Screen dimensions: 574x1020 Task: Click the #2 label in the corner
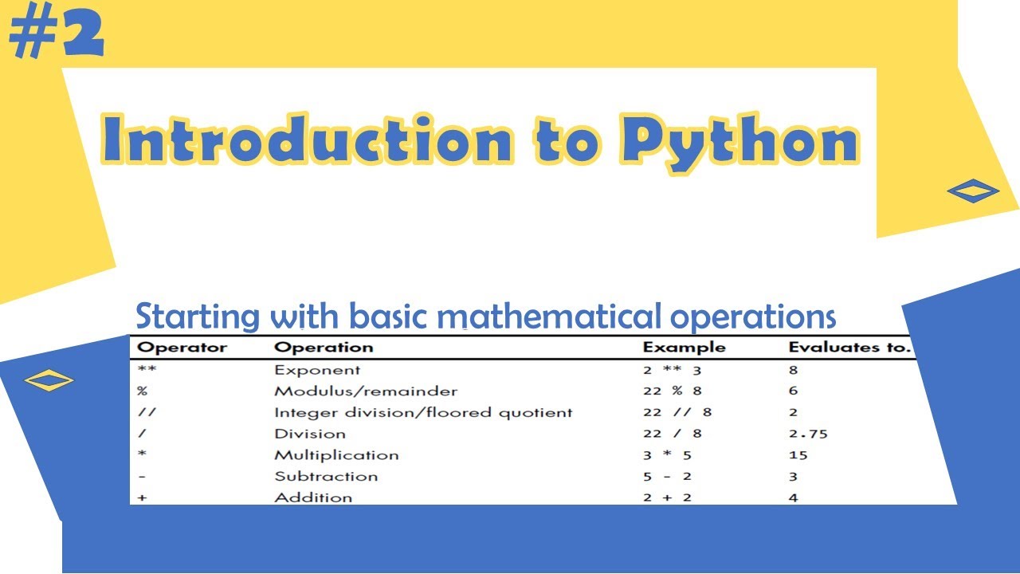pyautogui.click(x=57, y=36)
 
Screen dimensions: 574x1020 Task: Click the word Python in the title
pyautogui.click(x=740, y=141)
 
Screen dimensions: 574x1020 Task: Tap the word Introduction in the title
pyautogui.click(x=307, y=141)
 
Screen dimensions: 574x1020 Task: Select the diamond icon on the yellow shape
pyautogui.click(x=973, y=191)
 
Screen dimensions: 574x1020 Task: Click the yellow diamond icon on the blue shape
pyautogui.click(x=49, y=380)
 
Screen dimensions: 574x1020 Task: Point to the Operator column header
pyautogui.click(x=182, y=348)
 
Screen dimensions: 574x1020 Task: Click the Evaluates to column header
pyautogui.click(x=849, y=348)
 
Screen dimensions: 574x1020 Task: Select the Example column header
pyautogui.click(x=684, y=348)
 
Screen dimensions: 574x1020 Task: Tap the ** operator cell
pyautogui.click(x=147, y=371)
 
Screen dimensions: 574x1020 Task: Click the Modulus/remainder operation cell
pyautogui.click(x=366, y=391)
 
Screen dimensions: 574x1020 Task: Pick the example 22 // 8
pyautogui.click(x=677, y=413)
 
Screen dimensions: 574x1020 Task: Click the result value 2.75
pyautogui.click(x=807, y=434)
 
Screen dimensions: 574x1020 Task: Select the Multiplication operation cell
pyautogui.click(x=336, y=455)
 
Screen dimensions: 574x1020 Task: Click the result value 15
pyautogui.click(x=798, y=455)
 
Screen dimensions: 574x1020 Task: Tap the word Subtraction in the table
pyautogui.click(x=326, y=477)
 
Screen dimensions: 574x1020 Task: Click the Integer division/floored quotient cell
pyautogui.click(x=423, y=413)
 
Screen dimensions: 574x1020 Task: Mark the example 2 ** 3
pyautogui.click(x=672, y=371)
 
